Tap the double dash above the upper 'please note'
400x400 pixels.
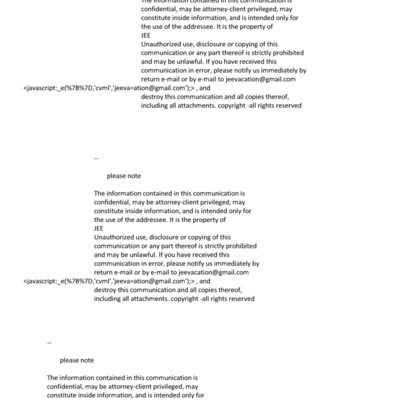(x=96, y=158)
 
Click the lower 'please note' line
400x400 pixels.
(x=76, y=359)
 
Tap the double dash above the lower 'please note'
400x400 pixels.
(x=49, y=342)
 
